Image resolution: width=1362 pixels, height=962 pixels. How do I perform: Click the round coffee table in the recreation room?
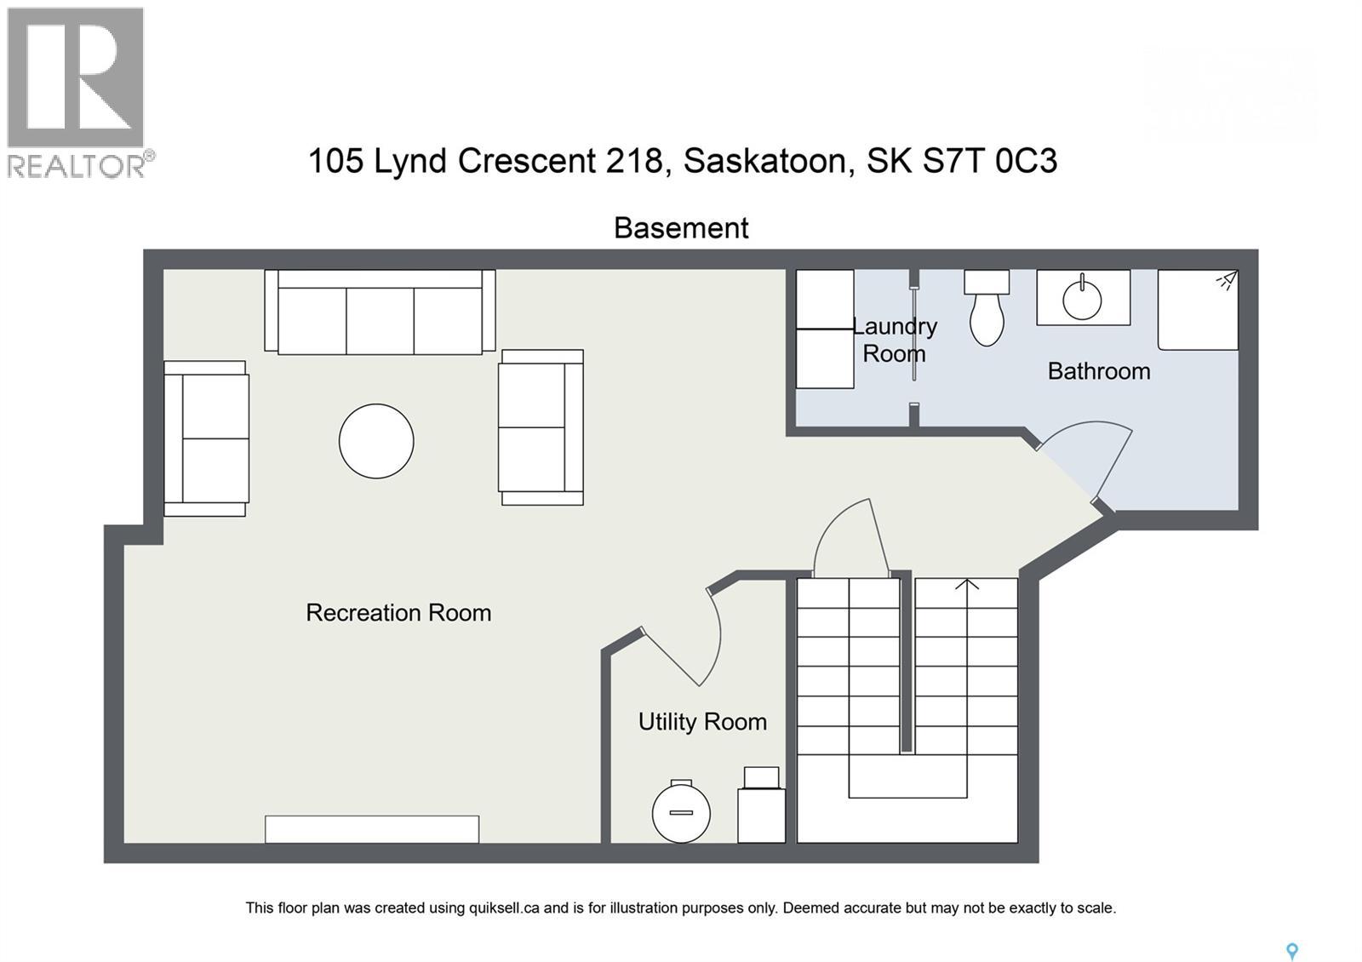pos(376,441)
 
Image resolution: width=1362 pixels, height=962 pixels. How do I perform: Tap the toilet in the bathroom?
pos(987,312)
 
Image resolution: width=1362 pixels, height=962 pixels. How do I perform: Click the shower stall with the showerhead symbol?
pos(1198,310)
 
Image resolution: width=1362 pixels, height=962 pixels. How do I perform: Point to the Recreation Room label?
pos(398,613)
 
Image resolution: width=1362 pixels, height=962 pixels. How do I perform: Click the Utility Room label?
pos(702,722)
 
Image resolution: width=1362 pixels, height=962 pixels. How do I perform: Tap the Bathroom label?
pos(1098,371)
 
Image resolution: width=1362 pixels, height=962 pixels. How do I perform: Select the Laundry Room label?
pos(894,340)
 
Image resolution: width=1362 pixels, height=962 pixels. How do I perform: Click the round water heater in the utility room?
pos(681,812)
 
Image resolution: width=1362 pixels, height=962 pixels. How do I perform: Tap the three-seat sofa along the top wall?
pos(380,313)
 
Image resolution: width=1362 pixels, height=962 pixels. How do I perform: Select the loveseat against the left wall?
pos(207,438)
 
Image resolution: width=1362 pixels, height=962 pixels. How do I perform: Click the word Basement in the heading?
pos(681,228)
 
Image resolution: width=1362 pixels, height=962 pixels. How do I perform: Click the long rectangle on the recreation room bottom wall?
pos(372,829)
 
